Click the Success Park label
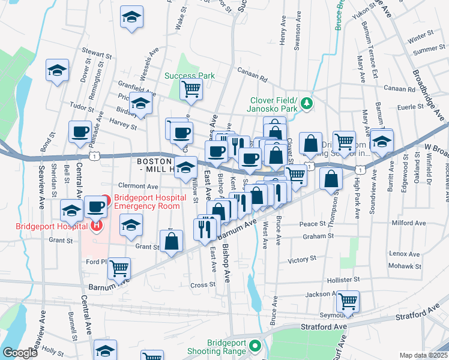point(190,76)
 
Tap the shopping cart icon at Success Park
point(191,89)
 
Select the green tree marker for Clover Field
point(307,103)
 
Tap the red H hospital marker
point(95,226)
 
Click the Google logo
point(20,353)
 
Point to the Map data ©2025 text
point(423,355)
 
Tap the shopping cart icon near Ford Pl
point(119,268)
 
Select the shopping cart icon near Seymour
point(347,301)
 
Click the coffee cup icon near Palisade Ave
point(80,132)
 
